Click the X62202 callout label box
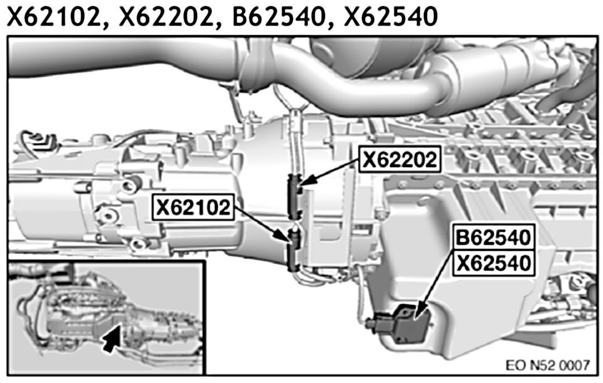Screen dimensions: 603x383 point(400,159)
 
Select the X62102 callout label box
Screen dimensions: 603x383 point(193,207)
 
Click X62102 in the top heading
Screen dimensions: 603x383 point(54,17)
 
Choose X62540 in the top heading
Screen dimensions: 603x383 point(390,17)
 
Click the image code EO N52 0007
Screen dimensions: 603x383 point(547,365)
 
